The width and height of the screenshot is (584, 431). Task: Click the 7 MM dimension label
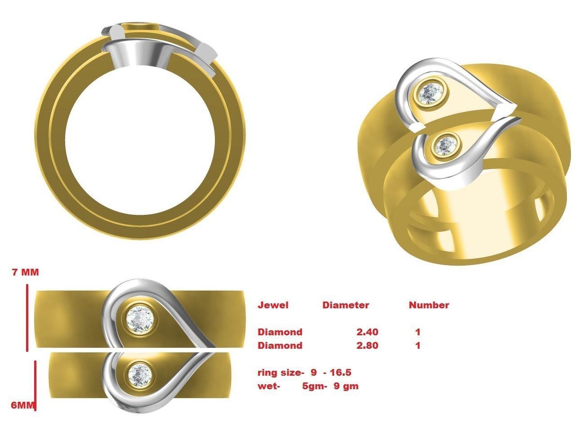click(x=26, y=272)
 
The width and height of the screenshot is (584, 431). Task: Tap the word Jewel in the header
click(x=273, y=305)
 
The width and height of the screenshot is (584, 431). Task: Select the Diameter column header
click(x=345, y=305)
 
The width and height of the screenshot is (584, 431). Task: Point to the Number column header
click(x=428, y=305)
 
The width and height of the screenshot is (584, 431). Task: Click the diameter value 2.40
click(x=367, y=332)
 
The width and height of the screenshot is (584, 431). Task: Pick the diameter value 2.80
click(x=367, y=346)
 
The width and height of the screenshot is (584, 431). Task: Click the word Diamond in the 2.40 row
click(x=280, y=332)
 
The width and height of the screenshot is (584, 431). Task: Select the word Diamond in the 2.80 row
click(x=280, y=346)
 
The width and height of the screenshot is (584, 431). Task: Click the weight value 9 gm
click(x=346, y=386)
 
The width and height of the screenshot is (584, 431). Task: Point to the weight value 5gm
click(x=312, y=386)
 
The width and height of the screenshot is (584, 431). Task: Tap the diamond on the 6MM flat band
click(x=139, y=373)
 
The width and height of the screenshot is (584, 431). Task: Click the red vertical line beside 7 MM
click(x=27, y=317)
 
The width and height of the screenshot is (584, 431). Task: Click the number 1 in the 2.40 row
click(x=418, y=332)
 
